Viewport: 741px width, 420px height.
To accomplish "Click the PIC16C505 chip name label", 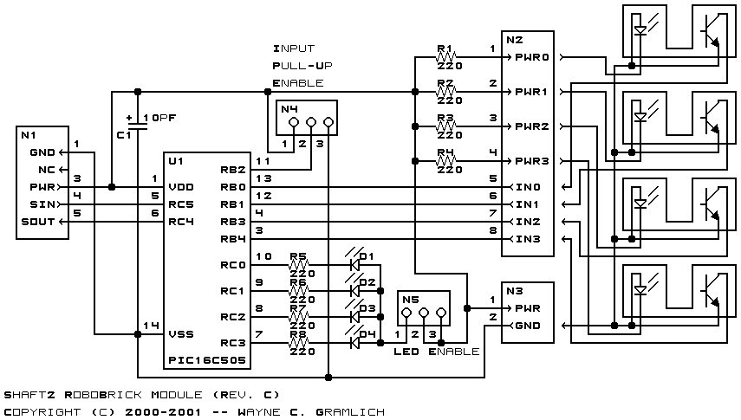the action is (x=207, y=360).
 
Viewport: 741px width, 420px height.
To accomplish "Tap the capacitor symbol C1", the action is (x=138, y=126).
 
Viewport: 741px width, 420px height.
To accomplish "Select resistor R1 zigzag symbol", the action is (x=445, y=57).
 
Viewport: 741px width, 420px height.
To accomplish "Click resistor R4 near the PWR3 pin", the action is (x=445, y=161).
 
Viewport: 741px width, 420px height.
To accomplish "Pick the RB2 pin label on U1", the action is (x=233, y=170).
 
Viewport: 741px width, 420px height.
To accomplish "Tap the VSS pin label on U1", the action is (x=181, y=334).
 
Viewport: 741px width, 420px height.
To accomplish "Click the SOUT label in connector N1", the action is (x=38, y=222).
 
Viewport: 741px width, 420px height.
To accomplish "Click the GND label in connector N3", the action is (x=528, y=326).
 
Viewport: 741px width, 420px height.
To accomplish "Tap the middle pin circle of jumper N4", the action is (x=311, y=122).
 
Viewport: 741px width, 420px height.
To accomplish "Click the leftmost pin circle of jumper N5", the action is (x=406, y=313).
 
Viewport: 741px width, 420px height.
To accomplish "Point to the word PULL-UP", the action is (x=302, y=66).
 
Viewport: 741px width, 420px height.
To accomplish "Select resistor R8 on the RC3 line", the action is (x=299, y=343).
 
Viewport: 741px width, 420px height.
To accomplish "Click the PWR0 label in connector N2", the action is (x=532, y=57).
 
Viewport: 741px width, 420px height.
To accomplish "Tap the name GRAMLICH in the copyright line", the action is (x=350, y=412).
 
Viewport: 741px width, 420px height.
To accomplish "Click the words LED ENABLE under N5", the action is (x=437, y=352).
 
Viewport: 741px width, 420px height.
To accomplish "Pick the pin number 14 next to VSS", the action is (x=151, y=326).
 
